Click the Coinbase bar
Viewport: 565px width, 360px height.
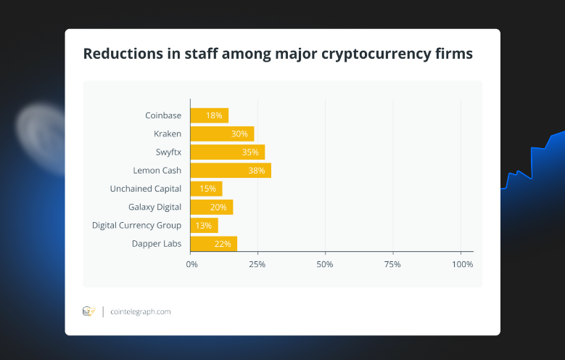(x=209, y=115)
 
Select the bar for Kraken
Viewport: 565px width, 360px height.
(x=222, y=134)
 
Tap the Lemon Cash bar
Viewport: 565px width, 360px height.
(x=230, y=171)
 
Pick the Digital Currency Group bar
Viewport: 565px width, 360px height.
(x=204, y=226)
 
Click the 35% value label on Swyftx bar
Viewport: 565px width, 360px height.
(x=250, y=152)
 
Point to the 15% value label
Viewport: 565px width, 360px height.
(x=207, y=189)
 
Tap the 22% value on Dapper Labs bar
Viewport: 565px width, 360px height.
(x=223, y=244)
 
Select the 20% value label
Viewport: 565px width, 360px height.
(x=218, y=208)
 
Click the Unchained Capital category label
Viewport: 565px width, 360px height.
(x=146, y=189)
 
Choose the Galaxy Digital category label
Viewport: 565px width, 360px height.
(x=154, y=207)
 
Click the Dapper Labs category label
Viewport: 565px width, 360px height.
(x=157, y=243)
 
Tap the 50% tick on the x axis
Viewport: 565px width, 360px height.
(x=325, y=264)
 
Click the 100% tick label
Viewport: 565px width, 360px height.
(x=462, y=264)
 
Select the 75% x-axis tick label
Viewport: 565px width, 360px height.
(x=393, y=264)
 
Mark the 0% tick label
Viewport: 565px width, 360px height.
(x=191, y=264)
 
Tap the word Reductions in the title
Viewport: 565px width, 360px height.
(x=120, y=54)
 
